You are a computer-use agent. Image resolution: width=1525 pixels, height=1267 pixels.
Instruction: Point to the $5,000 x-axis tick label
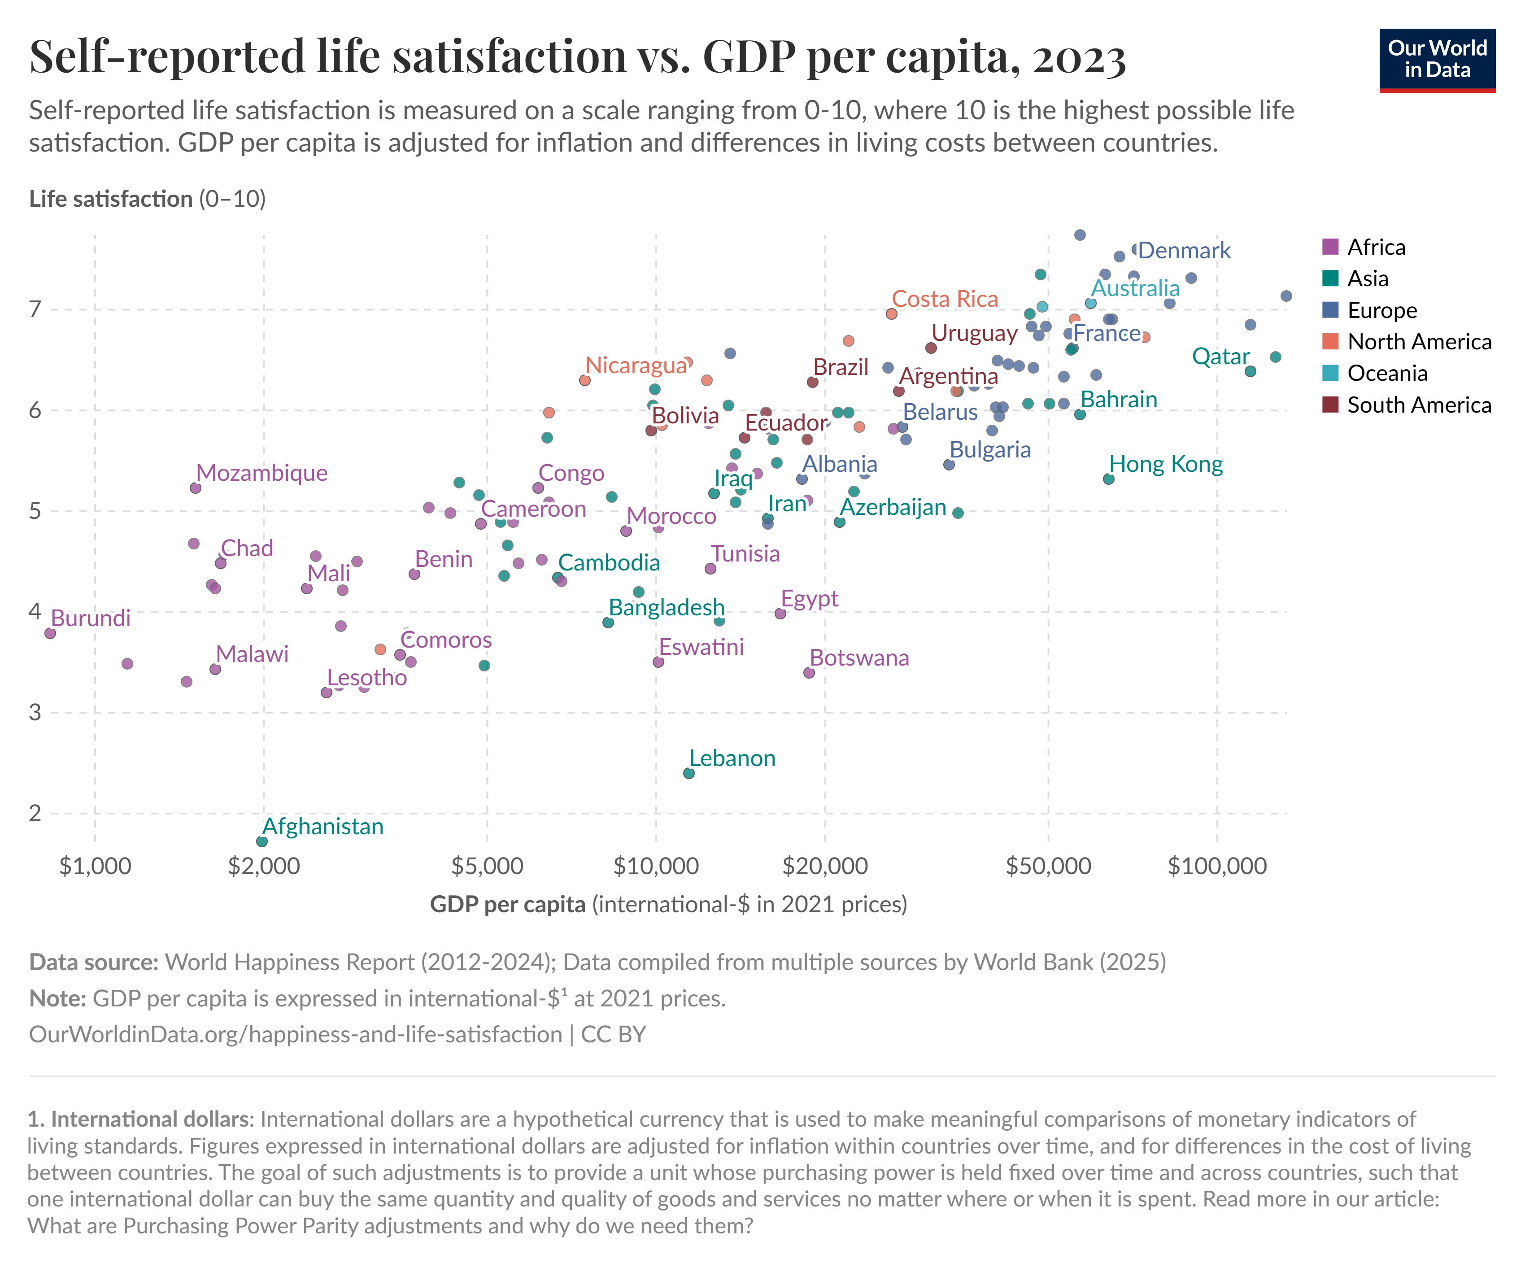487,866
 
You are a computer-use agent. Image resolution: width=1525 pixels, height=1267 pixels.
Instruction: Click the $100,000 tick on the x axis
1217,866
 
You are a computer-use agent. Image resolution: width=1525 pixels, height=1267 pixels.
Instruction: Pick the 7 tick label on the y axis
35,310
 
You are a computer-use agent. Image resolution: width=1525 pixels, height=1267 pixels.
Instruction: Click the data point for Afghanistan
262,841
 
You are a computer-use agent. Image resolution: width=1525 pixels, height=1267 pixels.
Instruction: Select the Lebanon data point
688,773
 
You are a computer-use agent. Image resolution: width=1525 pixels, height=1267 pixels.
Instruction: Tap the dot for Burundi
50,633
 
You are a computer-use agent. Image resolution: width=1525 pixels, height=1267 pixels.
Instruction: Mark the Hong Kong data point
1108,479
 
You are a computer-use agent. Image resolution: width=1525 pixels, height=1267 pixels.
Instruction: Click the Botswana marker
809,673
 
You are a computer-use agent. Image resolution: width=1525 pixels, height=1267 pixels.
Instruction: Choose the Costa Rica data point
892,313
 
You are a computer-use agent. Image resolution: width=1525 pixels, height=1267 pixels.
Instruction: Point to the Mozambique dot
196,488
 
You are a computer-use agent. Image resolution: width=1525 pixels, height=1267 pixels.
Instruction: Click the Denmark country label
1185,251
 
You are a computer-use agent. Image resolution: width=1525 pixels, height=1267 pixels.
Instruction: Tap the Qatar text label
1221,357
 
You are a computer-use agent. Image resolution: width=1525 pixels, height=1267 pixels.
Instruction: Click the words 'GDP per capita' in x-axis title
508,904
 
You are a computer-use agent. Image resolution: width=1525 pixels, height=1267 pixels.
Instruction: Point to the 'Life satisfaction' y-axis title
110,199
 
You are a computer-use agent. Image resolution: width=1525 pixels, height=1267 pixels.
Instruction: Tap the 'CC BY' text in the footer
614,1034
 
